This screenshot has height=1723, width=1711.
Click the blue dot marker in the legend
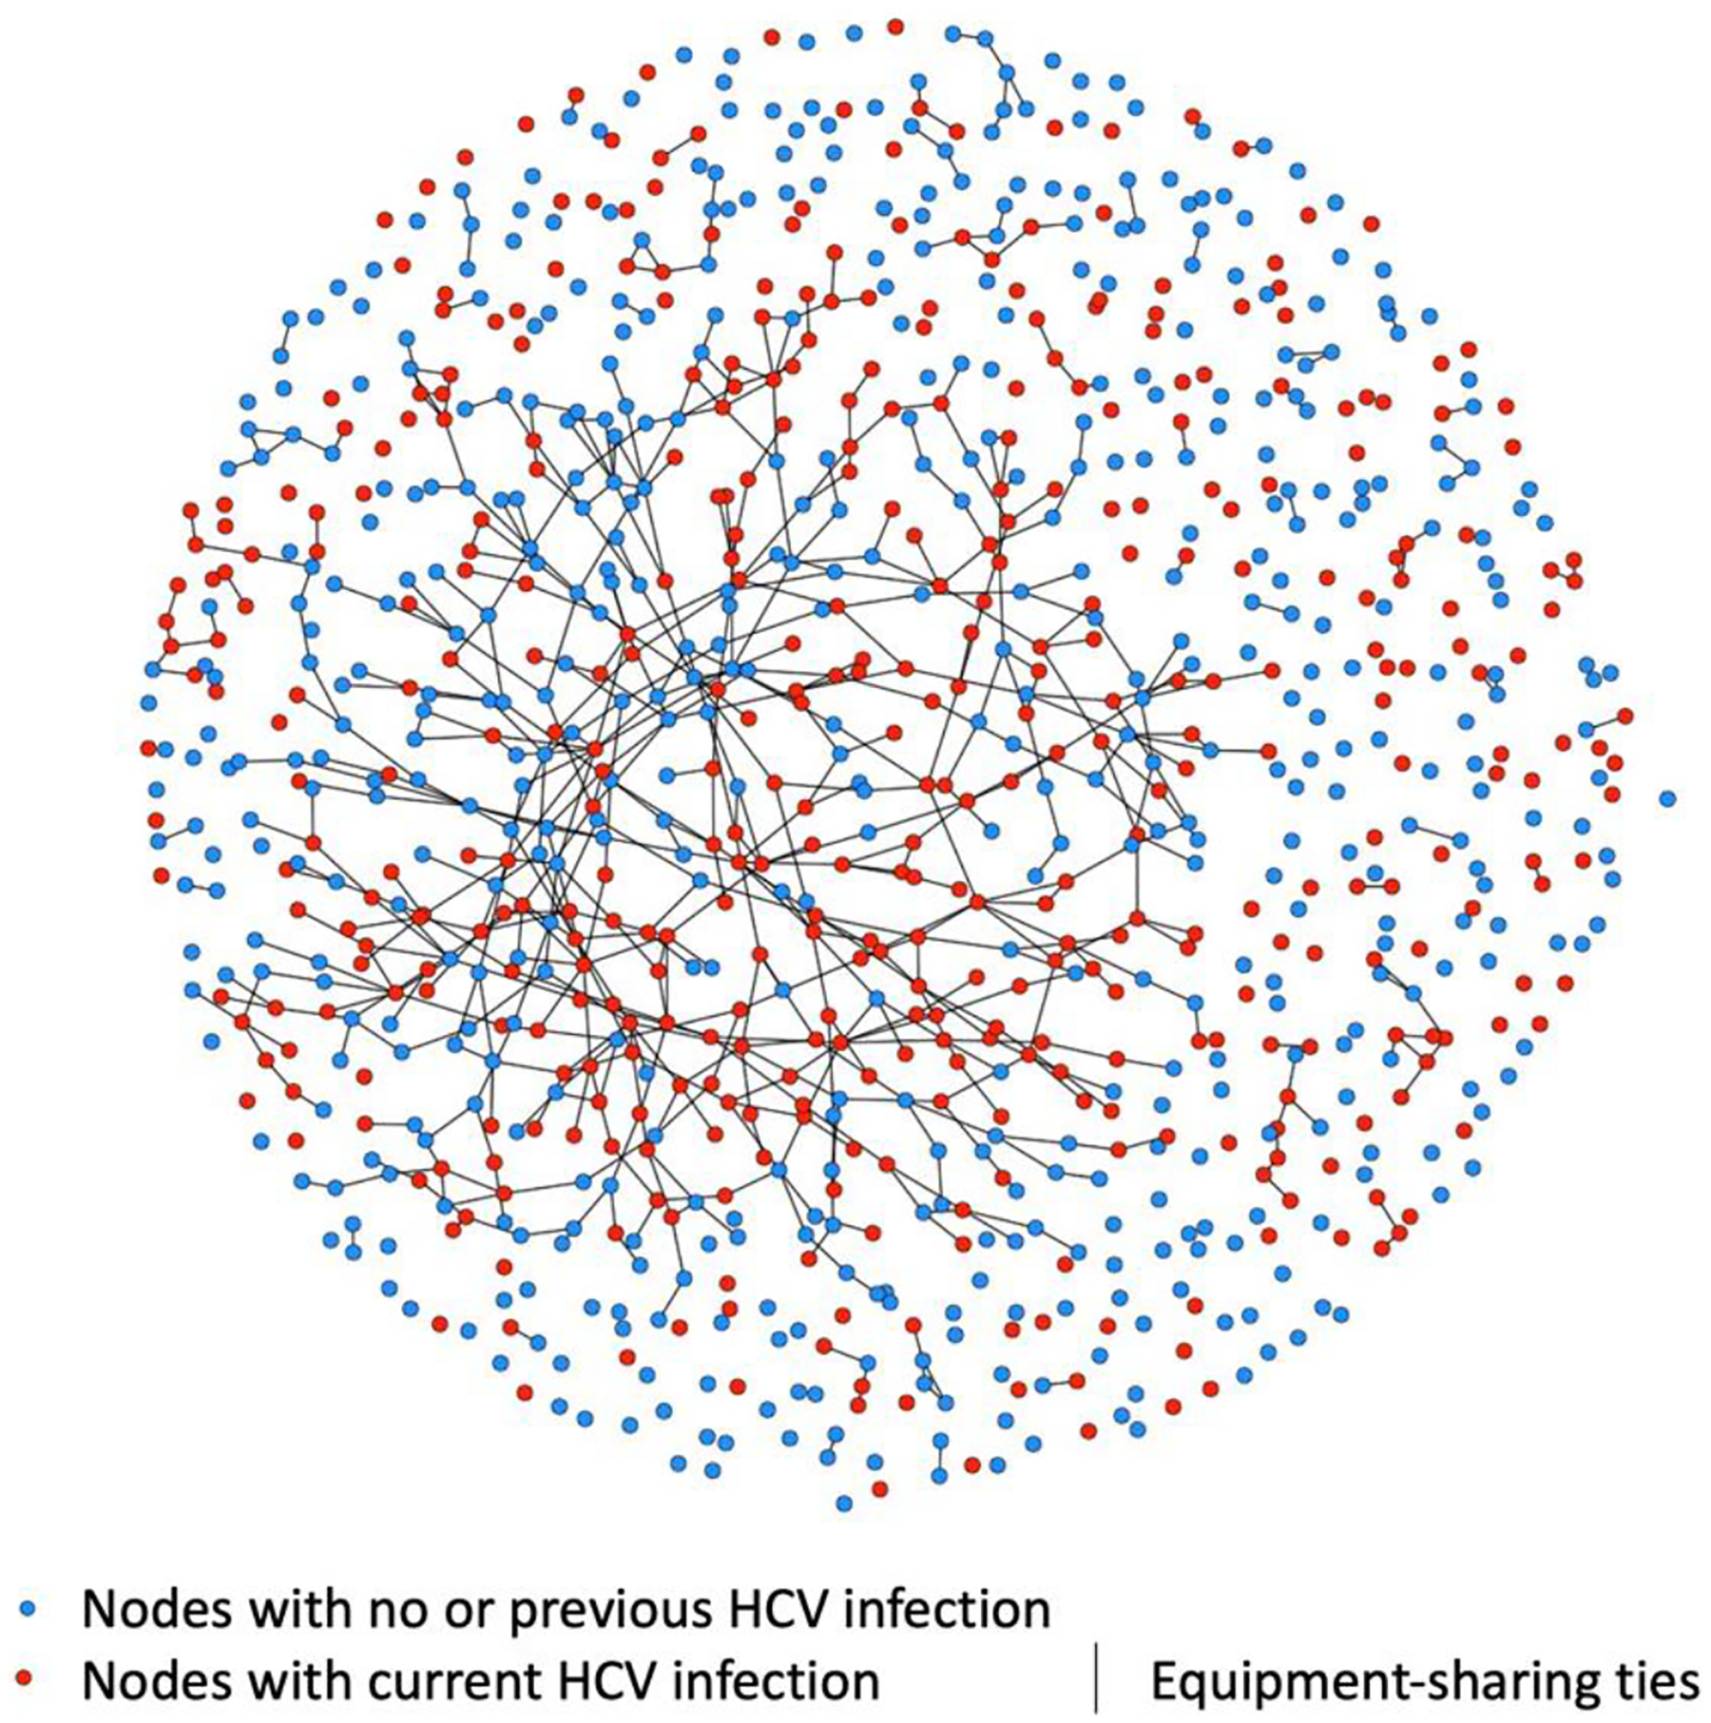[x=29, y=1609]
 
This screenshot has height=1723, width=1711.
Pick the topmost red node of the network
[x=894, y=27]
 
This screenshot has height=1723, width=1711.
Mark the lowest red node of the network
[x=880, y=1487]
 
